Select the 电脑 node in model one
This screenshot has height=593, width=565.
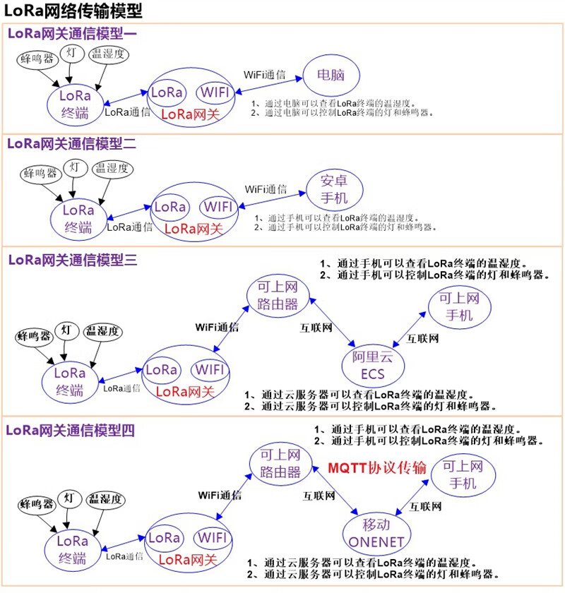[331, 75]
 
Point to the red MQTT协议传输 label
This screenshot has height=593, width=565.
[378, 469]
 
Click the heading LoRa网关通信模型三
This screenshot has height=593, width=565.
[72, 259]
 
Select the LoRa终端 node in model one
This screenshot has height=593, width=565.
[75, 103]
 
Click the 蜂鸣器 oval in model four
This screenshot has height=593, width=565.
[37, 504]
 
